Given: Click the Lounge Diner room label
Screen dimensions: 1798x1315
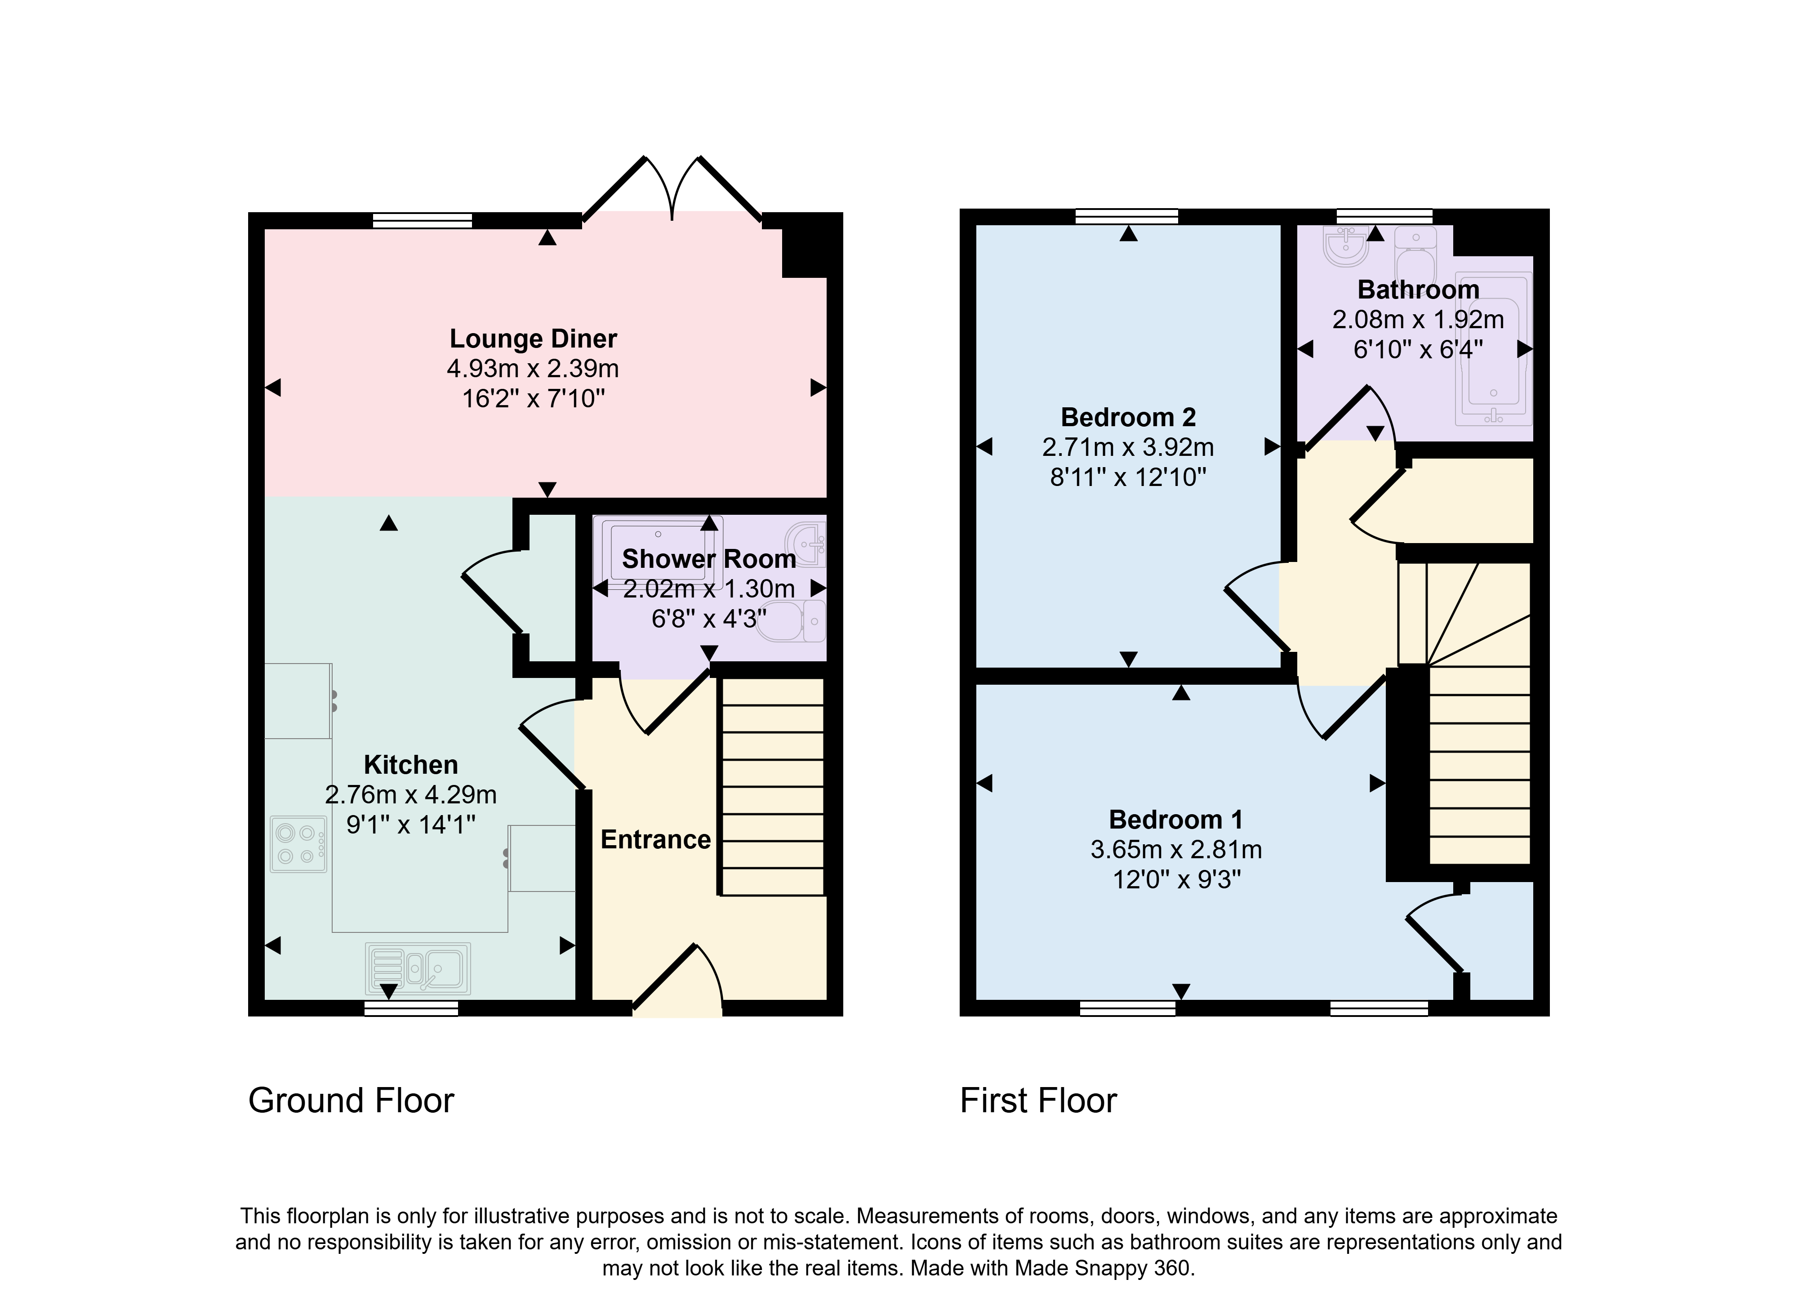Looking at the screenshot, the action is pyautogui.click(x=533, y=339).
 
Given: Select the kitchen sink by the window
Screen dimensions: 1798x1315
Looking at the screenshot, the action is pyautogui.click(x=418, y=969).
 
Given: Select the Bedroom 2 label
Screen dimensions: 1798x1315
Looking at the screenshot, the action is pyautogui.click(x=1128, y=417).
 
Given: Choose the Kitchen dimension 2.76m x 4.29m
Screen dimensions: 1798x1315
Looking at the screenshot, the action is pyautogui.click(x=411, y=794).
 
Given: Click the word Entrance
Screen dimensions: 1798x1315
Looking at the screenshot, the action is pyautogui.click(x=655, y=840).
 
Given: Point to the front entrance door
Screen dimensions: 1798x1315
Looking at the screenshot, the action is pyautogui.click(x=677, y=979).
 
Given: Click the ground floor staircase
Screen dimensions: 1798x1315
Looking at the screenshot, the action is pyautogui.click(x=772, y=786).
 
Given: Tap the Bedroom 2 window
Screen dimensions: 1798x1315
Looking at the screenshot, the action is pyautogui.click(x=1126, y=217).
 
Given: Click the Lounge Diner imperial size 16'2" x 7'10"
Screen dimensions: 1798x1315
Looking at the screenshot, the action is pyautogui.click(x=533, y=398).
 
